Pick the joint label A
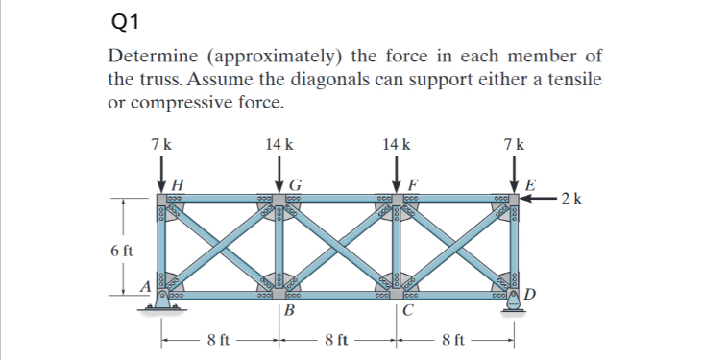[145, 285]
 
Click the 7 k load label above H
[161, 145]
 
